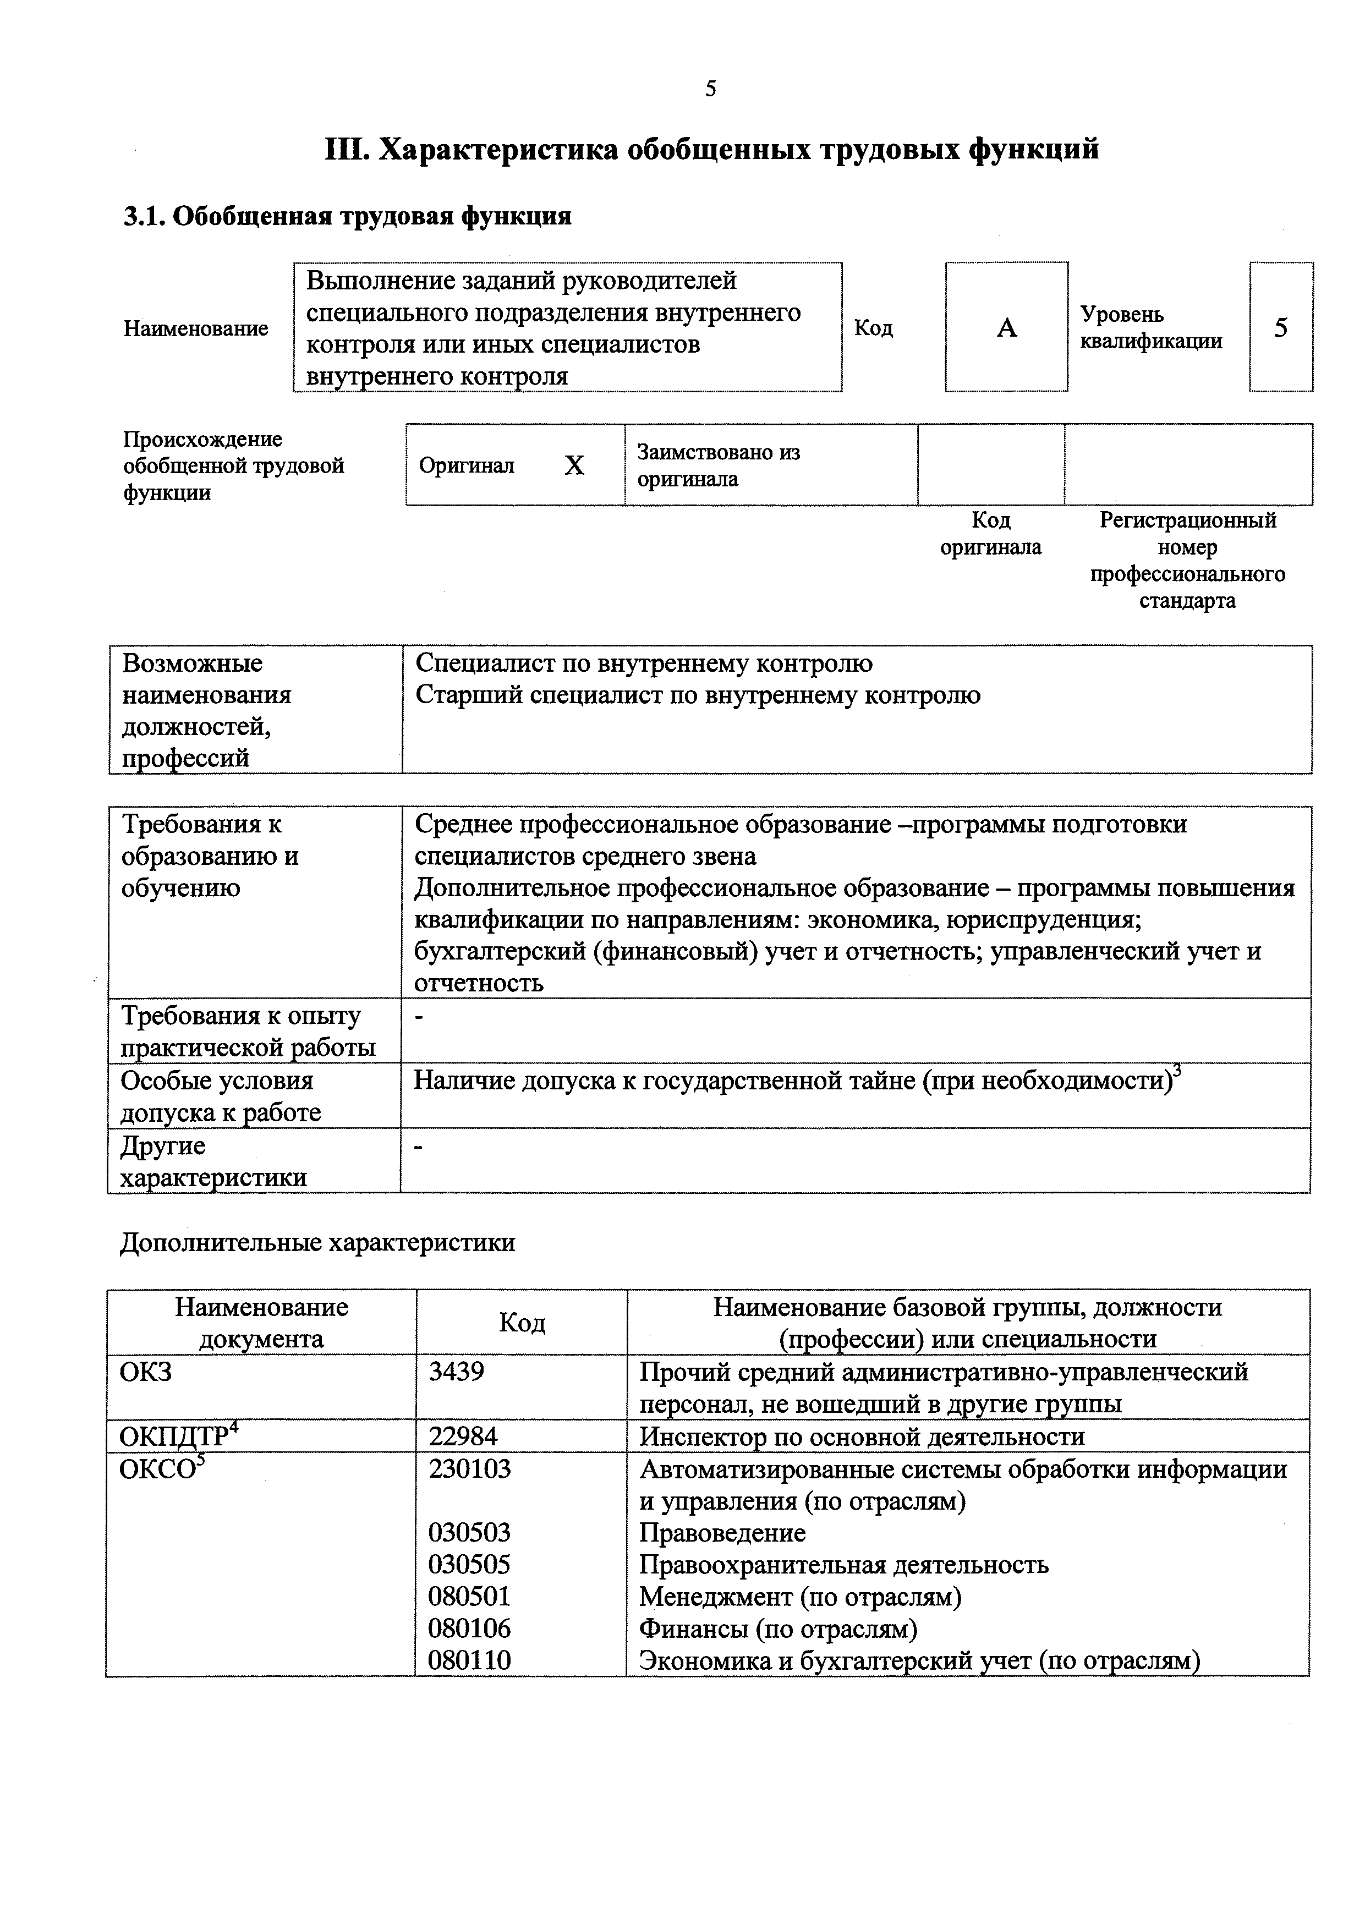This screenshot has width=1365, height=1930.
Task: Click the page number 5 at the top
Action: [710, 89]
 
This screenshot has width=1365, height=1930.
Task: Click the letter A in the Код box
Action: [1007, 328]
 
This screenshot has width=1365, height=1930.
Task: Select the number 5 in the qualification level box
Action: [1280, 328]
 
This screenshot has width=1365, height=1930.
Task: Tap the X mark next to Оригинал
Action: [574, 465]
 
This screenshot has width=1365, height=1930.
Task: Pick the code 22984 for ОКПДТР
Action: [462, 1436]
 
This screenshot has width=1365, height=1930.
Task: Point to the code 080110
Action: [469, 1660]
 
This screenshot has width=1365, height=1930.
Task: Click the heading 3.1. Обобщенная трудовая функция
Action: [347, 217]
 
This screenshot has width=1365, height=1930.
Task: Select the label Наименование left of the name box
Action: [196, 328]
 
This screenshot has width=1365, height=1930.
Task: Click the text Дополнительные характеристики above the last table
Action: [317, 1242]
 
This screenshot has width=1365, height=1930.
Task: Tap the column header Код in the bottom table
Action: [522, 1323]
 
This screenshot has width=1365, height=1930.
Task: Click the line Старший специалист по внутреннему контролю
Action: [698, 695]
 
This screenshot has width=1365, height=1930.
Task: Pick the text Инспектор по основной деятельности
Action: [862, 1436]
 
